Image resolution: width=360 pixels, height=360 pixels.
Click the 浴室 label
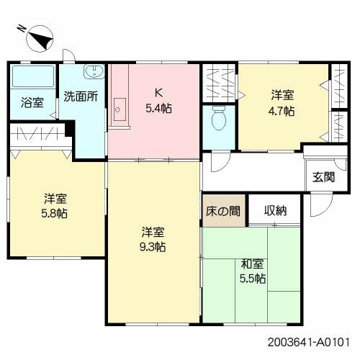pyautogui.click(x=32, y=102)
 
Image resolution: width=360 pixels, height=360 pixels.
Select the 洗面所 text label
pyautogui.click(x=81, y=96)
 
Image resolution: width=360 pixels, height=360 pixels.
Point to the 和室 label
pyautogui.click(x=253, y=264)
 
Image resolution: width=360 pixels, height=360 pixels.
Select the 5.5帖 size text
pyautogui.click(x=253, y=278)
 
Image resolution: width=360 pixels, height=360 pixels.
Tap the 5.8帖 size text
pyautogui.click(x=56, y=214)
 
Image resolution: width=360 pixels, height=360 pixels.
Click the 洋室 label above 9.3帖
pyautogui.click(x=153, y=232)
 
